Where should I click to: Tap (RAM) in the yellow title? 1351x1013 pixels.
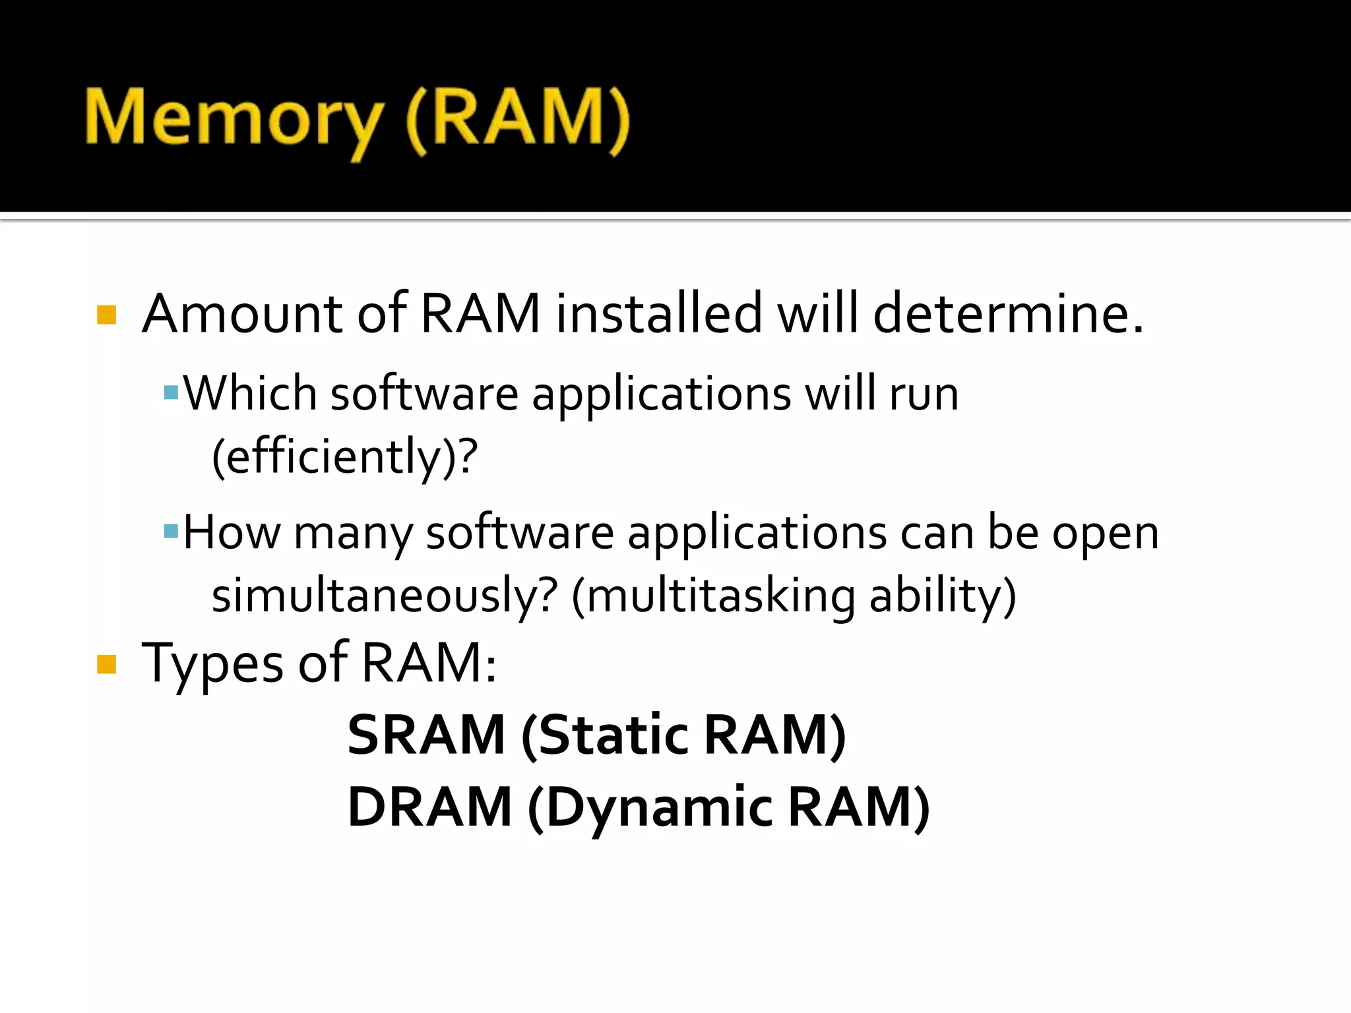(518, 119)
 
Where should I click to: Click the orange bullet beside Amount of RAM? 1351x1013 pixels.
(106, 315)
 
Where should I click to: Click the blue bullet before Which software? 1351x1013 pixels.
(171, 393)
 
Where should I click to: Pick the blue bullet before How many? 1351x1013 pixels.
(171, 531)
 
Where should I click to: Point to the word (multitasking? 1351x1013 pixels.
(713, 595)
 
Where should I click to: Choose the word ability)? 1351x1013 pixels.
(943, 595)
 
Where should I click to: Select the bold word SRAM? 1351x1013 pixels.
(426, 735)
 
